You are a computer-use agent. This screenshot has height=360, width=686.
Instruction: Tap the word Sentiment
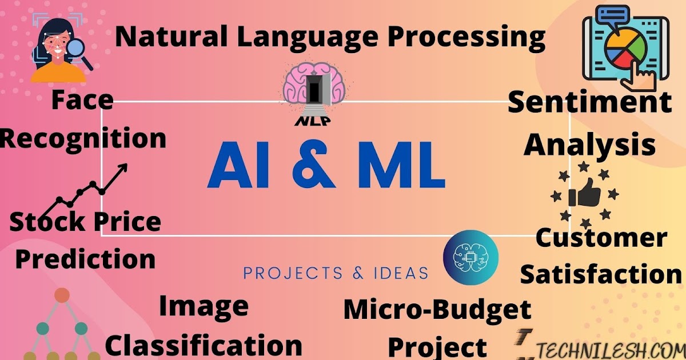[x=589, y=103]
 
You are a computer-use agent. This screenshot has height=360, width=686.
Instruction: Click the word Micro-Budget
[x=437, y=310]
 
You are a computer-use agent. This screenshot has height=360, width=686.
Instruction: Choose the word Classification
[x=204, y=345]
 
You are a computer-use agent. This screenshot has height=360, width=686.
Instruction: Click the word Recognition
[x=83, y=138]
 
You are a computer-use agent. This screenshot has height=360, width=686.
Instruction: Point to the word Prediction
[x=85, y=258]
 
